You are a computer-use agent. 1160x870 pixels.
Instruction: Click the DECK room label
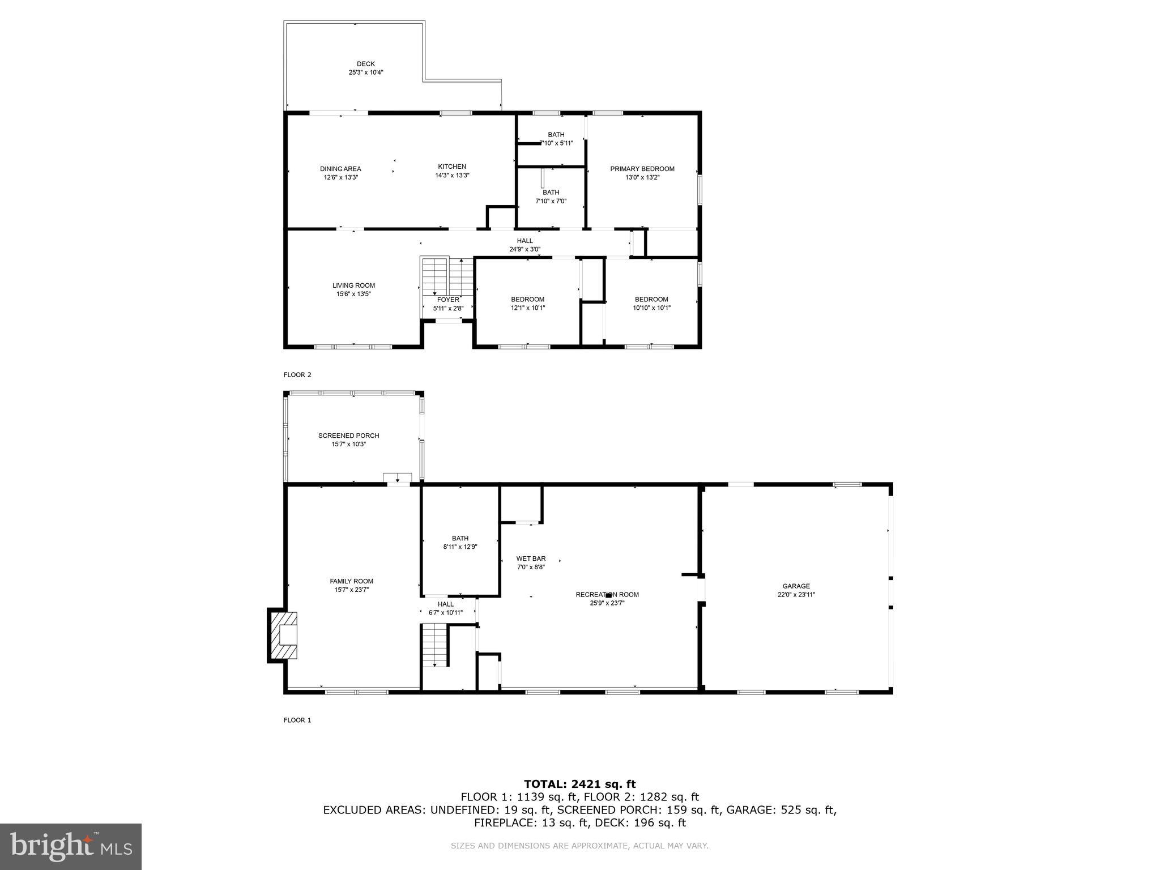365,64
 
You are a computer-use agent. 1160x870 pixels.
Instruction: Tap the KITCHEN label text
452,167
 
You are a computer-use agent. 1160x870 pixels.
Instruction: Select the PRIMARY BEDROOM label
642,169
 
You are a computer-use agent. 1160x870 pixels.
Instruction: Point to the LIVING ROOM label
353,285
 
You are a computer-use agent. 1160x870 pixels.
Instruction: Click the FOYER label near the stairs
448,300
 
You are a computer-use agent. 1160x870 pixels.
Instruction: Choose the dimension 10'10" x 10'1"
651,308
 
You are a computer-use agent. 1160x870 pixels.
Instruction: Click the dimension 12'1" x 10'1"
527,308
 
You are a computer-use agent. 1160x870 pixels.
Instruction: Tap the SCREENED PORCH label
348,436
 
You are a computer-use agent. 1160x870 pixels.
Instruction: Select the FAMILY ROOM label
351,581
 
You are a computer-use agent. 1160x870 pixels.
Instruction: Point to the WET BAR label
531,558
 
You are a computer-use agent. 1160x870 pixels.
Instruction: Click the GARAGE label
796,586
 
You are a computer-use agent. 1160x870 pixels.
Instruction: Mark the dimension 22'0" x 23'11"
796,595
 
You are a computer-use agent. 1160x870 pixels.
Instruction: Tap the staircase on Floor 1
435,646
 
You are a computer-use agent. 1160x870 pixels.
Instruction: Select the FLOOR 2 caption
297,374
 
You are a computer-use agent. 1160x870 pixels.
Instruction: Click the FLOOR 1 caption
297,720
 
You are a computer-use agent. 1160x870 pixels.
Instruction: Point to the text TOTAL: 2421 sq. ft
579,784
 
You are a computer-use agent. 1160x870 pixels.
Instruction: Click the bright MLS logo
71,847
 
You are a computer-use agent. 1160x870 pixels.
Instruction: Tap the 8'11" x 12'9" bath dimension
460,547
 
